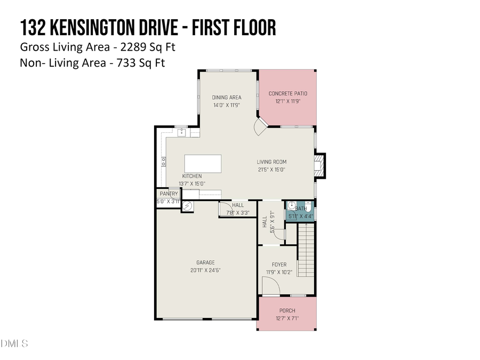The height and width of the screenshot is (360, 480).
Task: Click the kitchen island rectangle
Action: point(203,164)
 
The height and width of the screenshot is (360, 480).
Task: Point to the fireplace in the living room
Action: point(319,165)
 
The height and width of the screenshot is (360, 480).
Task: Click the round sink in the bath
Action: point(291,206)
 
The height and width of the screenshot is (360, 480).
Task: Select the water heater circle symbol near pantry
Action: point(187,205)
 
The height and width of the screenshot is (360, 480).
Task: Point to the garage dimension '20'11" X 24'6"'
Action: point(205,270)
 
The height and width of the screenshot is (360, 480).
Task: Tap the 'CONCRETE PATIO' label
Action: point(288,94)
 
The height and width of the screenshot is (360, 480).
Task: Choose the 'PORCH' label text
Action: point(287,311)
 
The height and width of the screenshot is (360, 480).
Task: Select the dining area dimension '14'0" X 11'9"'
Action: point(227,105)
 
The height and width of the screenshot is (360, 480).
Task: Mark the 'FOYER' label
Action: point(279,265)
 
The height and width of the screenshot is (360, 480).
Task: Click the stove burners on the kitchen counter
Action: point(162,160)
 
